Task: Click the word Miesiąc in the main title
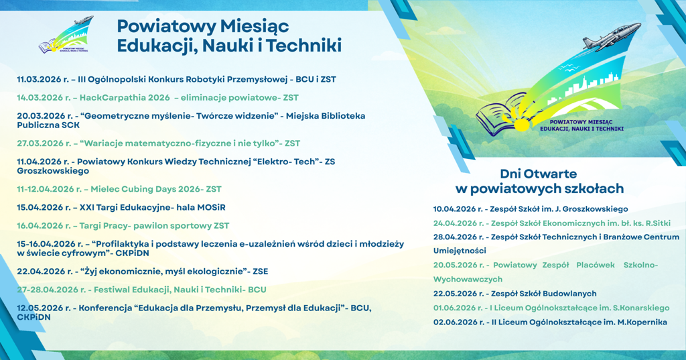click(x=254, y=27)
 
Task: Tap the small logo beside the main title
click(x=66, y=35)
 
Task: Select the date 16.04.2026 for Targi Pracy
click(x=39, y=226)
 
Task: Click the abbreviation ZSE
click(x=260, y=272)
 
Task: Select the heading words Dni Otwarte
click(x=538, y=174)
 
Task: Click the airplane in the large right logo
click(x=611, y=36)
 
